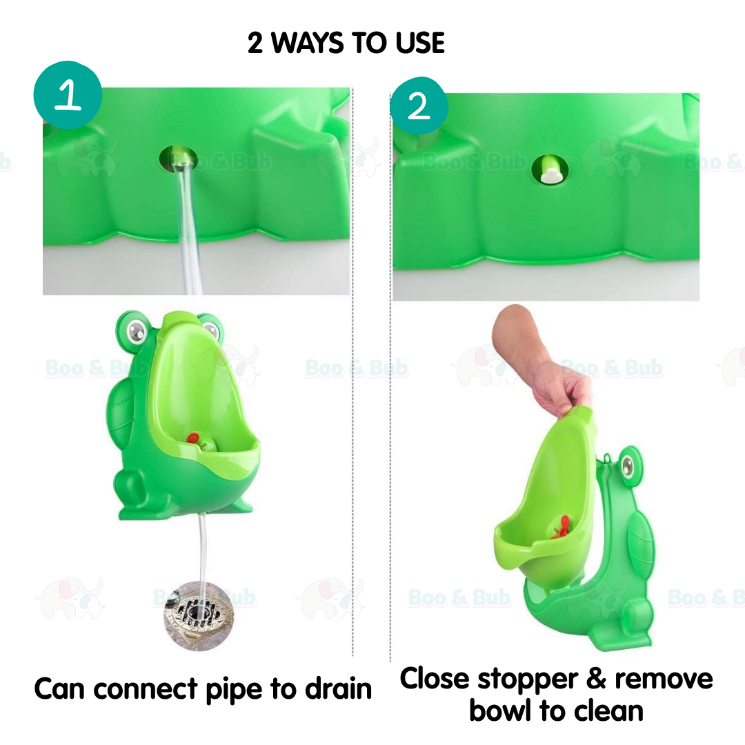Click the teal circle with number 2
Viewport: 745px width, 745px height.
[x=419, y=106]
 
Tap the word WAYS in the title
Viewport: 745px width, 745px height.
[x=308, y=43]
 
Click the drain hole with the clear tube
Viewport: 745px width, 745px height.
[x=179, y=159]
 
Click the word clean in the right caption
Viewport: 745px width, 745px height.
[x=599, y=711]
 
